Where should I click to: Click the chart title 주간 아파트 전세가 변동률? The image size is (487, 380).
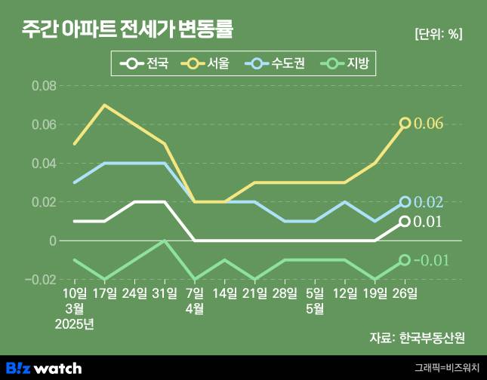127,29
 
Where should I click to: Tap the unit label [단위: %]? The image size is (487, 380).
438,34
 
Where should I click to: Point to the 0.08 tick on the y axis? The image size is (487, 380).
44,86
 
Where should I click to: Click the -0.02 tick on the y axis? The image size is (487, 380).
41,280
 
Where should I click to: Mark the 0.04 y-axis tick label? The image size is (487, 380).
44,164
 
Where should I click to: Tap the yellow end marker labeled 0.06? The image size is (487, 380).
405,123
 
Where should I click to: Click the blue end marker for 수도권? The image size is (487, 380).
405,202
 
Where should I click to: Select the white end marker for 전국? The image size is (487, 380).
405,221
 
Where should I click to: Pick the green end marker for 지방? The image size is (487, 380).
405,260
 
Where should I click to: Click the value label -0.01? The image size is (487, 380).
435,260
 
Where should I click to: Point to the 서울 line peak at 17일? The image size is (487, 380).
104,105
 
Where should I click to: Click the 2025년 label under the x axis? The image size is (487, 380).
74,325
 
